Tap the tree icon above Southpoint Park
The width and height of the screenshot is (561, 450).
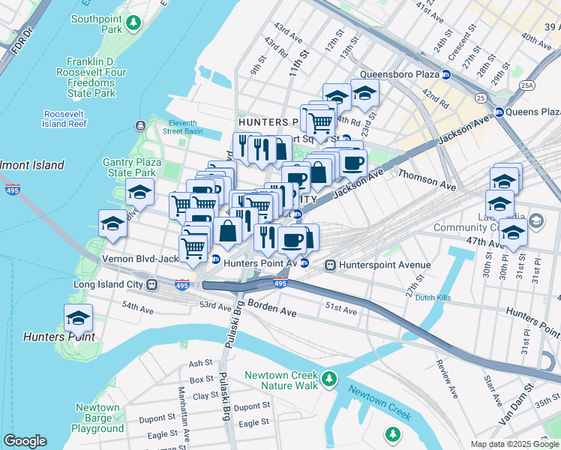tap(133, 24)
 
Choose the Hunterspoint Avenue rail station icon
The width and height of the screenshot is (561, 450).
tap(330, 265)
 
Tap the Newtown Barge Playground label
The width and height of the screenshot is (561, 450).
tap(97, 418)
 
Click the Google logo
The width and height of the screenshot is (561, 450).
tap(25, 441)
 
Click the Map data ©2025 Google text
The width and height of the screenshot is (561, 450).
tap(514, 444)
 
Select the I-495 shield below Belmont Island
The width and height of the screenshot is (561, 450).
tap(13, 190)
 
